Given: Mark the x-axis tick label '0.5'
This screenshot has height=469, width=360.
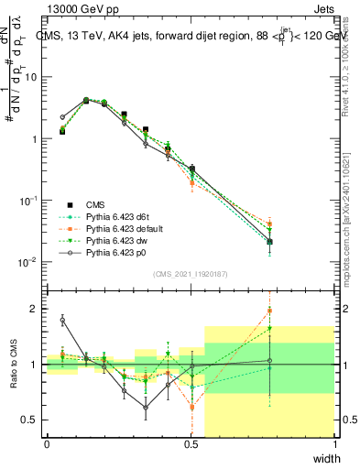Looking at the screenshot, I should (191, 444).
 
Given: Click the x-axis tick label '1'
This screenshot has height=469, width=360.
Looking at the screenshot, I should (334, 444).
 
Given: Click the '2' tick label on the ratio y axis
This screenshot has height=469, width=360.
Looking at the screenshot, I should (34, 309).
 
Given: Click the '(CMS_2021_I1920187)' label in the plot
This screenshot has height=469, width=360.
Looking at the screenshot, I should (190, 273).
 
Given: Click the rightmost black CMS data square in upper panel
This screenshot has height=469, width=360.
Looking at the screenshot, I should (269, 242).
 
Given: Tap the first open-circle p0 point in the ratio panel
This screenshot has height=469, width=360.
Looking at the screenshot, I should (62, 320).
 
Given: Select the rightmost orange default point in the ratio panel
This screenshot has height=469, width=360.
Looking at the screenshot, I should (269, 311).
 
